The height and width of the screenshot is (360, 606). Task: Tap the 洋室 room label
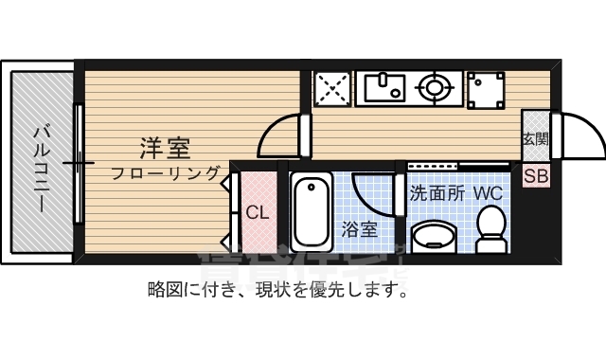click(x=166, y=148)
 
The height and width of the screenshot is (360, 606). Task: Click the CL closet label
click(x=257, y=212)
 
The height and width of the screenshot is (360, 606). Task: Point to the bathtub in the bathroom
click(x=310, y=212)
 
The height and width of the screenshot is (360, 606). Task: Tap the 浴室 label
click(x=360, y=228)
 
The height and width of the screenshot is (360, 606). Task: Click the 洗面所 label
click(x=437, y=192)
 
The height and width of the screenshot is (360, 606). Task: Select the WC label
click(x=488, y=192)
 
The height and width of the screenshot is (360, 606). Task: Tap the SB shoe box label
click(x=535, y=175)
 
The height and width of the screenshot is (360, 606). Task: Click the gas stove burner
click(x=436, y=88)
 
